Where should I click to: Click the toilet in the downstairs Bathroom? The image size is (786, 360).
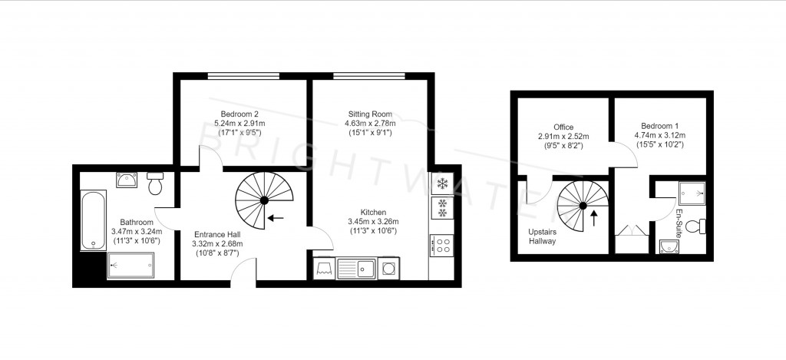[x=155, y=185]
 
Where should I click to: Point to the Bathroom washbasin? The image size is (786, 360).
[x=126, y=180]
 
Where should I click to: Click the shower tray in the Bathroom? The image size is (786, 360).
[x=130, y=266]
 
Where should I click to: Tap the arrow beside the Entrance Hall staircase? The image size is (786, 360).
[x=275, y=218]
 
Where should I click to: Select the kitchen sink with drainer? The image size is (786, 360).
[x=356, y=268]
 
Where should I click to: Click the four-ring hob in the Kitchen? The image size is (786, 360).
[x=443, y=245]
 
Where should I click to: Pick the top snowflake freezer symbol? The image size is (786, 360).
[x=443, y=183]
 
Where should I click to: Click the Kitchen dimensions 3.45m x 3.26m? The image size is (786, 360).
[x=375, y=222]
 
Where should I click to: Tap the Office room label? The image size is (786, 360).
[x=563, y=127]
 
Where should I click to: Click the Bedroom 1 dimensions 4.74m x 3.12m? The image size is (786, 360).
[x=660, y=135]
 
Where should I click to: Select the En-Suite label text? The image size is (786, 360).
[x=679, y=222]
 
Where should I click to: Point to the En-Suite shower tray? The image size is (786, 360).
[x=691, y=193]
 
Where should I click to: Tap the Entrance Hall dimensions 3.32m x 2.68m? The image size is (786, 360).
[x=216, y=245]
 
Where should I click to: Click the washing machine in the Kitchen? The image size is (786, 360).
[x=388, y=268]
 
